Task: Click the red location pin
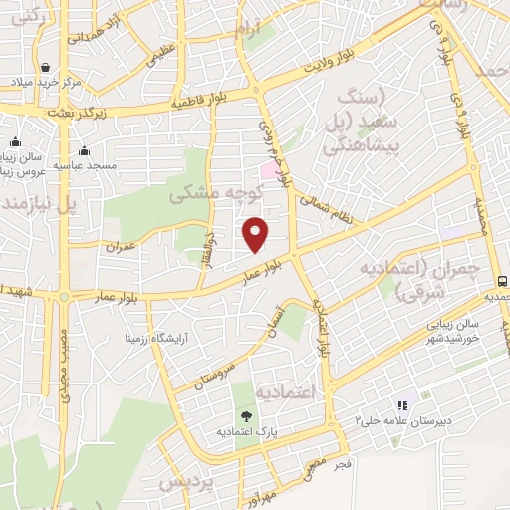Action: click(256, 234)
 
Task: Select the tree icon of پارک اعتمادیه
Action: click(245, 415)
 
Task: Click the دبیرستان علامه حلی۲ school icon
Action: click(402, 406)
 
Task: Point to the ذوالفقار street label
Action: click(209, 244)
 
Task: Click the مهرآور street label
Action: click(272, 494)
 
